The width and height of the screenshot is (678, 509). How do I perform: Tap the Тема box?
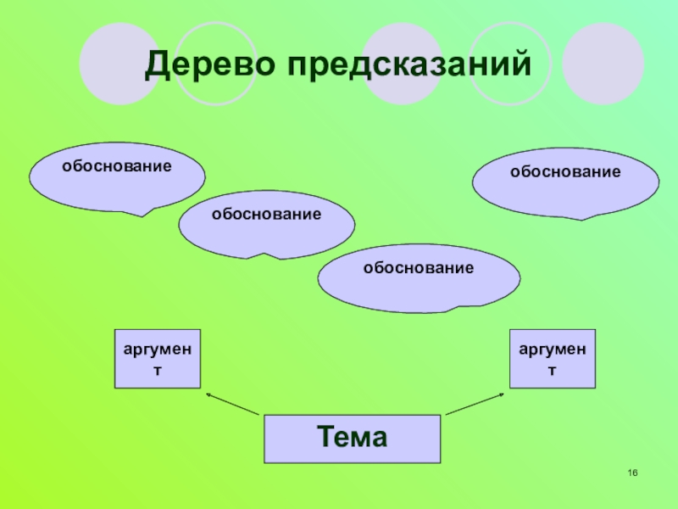353,439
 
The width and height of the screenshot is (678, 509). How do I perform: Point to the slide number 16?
632,473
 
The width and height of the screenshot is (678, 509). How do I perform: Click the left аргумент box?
157,359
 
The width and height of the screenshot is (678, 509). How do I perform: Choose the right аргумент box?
552,359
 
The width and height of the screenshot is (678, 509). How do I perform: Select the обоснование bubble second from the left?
266,223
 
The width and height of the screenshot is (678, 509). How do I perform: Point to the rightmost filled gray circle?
603,63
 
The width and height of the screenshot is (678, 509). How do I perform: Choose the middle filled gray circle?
403,63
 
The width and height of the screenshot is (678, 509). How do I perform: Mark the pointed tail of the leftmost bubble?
142,213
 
